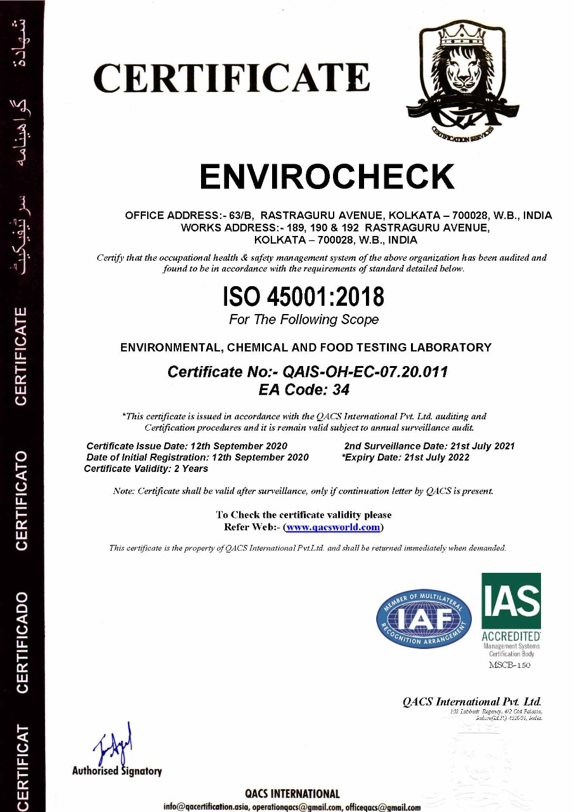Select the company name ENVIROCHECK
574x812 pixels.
pyautogui.click(x=327, y=177)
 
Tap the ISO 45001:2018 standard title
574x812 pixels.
pyautogui.click(x=303, y=297)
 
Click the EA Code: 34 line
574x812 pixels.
pyautogui.click(x=304, y=390)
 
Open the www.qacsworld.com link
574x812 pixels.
pyautogui.click(x=333, y=527)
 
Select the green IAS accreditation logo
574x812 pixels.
pyautogui.click(x=511, y=609)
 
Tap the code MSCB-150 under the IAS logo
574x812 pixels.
pyautogui.click(x=509, y=665)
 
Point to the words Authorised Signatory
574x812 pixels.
pyautogui.click(x=117, y=771)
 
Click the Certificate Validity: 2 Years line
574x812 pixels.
pyautogui.click(x=146, y=469)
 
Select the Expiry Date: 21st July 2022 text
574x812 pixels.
pyautogui.click(x=406, y=457)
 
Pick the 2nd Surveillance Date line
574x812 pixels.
pyautogui.click(x=429, y=446)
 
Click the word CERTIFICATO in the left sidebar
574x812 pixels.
pyautogui.click(x=22, y=501)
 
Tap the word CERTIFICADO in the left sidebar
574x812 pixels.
pyautogui.click(x=22, y=641)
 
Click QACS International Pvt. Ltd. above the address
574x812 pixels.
pyautogui.click(x=472, y=702)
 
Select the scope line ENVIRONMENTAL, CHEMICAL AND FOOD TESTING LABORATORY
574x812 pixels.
pyautogui.click(x=306, y=347)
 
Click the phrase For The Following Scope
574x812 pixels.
pyautogui.click(x=304, y=320)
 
